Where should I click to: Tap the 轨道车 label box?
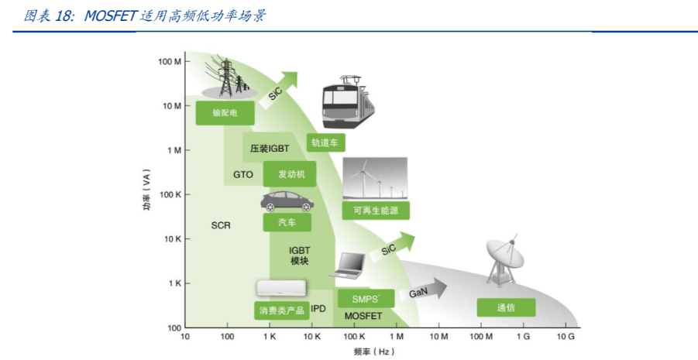tap(326, 142)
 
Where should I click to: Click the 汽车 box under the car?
tap(286, 222)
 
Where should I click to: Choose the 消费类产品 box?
tap(280, 310)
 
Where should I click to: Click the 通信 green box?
tap(506, 308)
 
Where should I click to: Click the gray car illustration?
tap(286, 202)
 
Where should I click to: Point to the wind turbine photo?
tap(374, 179)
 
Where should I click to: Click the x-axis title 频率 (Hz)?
tap(375, 351)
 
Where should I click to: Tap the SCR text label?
tap(222, 225)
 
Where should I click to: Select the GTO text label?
tap(243, 174)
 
